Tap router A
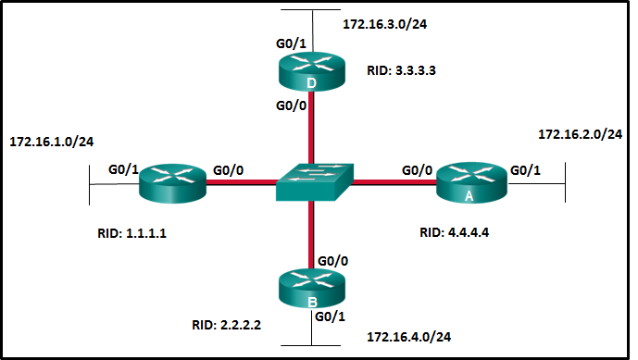[471, 182]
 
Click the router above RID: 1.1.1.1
[171, 182]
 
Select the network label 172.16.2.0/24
[580, 135]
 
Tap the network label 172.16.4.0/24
[409, 336]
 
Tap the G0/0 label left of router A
[417, 169]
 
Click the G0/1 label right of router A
[525, 169]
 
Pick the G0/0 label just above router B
[333, 262]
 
